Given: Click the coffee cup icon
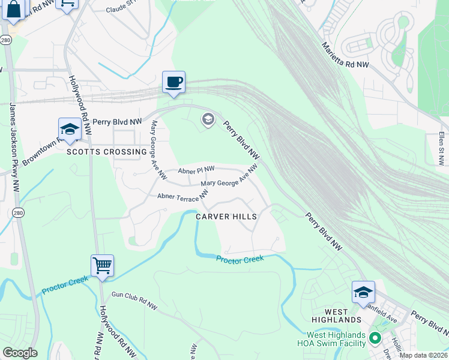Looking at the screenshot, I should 173,82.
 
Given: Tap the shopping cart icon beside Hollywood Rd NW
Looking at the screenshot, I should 102,265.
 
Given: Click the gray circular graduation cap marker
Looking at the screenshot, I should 208,119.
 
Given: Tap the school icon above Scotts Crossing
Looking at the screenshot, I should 70,129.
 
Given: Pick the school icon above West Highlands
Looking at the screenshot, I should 363,292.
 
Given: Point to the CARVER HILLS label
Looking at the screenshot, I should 226,217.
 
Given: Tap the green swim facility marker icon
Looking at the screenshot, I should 376,338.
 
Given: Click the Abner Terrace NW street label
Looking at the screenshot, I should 182,196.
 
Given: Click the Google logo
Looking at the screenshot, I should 20,353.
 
